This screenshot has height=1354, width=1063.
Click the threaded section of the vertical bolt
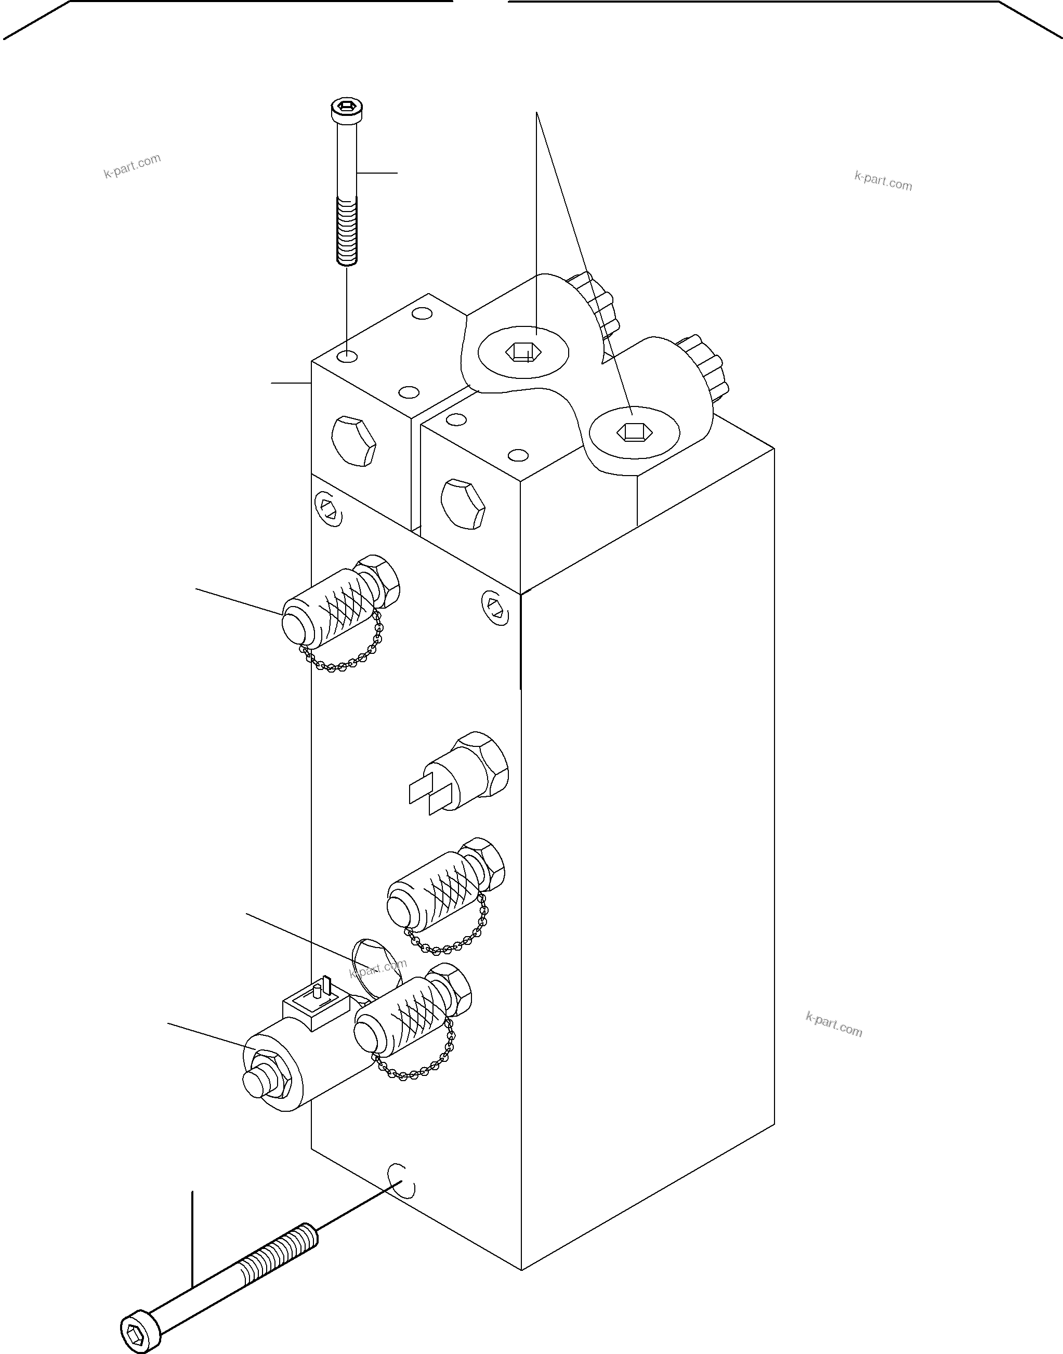[x=347, y=230]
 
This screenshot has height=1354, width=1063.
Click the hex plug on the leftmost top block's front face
[x=353, y=442]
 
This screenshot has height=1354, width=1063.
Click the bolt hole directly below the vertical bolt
[x=347, y=357]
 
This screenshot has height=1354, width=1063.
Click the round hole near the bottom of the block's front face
[x=401, y=1180]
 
